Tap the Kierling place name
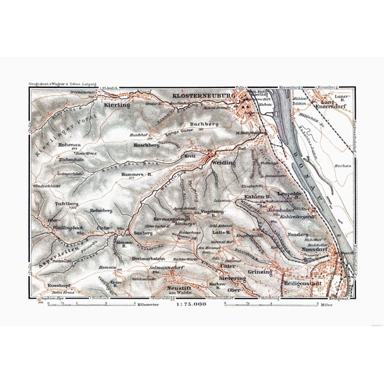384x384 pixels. [116, 105]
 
